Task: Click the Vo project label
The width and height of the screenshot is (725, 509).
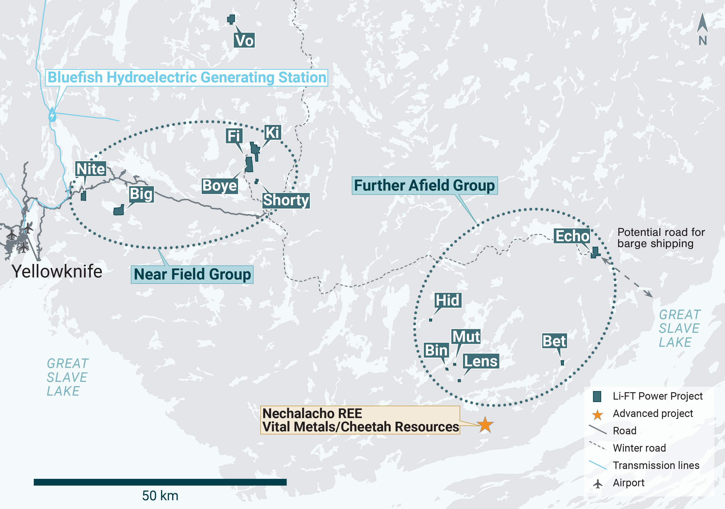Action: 244,41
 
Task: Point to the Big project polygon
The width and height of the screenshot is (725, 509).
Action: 119,210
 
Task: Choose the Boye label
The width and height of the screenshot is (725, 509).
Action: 220,186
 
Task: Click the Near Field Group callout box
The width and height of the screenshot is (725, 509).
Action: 192,275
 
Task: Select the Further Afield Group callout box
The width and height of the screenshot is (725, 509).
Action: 424,186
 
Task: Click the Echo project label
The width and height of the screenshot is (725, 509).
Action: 572,236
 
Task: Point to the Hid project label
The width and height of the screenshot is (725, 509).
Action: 447,300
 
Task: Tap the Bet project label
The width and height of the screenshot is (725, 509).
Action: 554,341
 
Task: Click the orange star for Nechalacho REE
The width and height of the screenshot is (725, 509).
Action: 485,425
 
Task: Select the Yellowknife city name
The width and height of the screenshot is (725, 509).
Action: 57,271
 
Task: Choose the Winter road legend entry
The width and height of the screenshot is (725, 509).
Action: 639,448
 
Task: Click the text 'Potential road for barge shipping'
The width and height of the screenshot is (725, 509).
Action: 661,238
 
